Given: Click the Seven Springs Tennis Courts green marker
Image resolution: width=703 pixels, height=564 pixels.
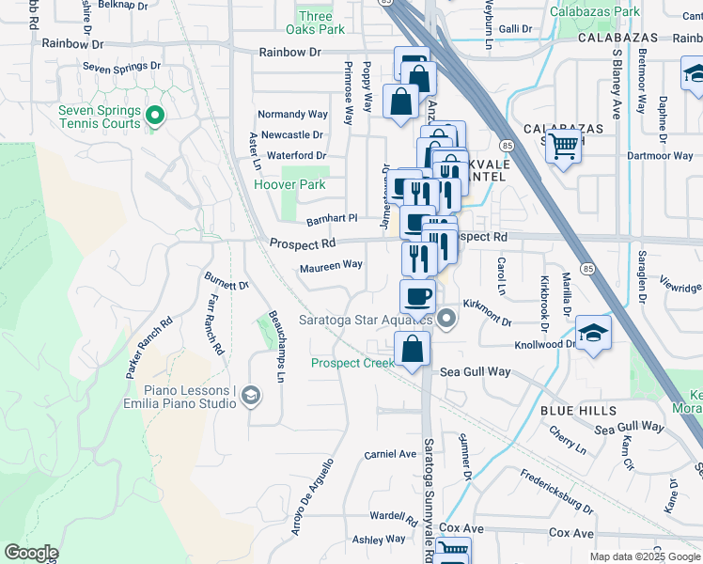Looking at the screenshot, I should pyautogui.click(x=157, y=117).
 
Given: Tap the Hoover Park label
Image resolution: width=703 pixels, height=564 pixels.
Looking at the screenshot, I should pyautogui.click(x=289, y=185).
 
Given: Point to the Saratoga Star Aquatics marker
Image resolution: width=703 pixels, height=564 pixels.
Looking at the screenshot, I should pyautogui.click(x=446, y=320).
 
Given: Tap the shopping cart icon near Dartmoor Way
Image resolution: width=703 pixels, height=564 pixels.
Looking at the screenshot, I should pyautogui.click(x=563, y=146).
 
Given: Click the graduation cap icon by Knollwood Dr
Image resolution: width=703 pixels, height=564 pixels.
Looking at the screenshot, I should pyautogui.click(x=592, y=334).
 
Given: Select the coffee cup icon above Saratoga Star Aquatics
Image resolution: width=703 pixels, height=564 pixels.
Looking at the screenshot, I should pyautogui.click(x=417, y=296).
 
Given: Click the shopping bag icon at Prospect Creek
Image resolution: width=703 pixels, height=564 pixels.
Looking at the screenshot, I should pyautogui.click(x=412, y=350).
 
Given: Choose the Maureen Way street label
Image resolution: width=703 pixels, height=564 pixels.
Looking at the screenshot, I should pyautogui.click(x=331, y=265).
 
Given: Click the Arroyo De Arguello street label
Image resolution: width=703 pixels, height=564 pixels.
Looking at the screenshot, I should pyautogui.click(x=312, y=511).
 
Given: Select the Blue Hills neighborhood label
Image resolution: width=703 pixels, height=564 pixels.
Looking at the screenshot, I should pyautogui.click(x=578, y=411).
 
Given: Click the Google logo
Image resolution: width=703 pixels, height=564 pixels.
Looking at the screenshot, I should pyautogui.click(x=31, y=552).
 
